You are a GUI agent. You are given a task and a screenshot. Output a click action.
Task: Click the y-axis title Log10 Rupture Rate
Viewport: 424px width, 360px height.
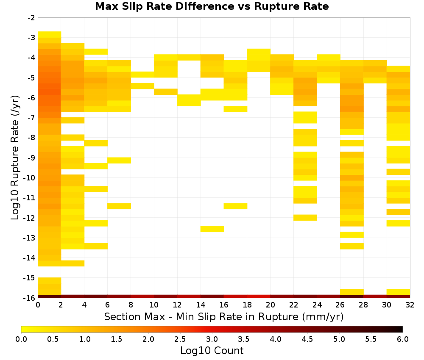coord(15,158)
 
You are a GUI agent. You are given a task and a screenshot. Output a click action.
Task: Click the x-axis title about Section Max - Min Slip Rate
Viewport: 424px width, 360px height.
coord(223,316)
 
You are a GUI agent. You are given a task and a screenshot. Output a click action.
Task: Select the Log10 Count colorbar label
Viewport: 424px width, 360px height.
coord(212,351)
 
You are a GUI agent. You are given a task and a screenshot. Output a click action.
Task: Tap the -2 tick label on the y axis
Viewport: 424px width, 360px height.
coord(31,18)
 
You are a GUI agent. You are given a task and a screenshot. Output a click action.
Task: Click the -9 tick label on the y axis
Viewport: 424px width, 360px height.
coord(31,158)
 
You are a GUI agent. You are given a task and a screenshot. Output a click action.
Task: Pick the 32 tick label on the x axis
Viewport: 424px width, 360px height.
coord(410,305)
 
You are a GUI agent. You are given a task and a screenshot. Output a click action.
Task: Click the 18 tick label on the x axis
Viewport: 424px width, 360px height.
coord(247,305)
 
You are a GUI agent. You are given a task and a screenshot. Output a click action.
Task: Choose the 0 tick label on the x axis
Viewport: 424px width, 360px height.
coord(38,305)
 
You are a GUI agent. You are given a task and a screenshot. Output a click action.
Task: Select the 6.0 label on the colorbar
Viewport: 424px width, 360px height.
coord(403,339)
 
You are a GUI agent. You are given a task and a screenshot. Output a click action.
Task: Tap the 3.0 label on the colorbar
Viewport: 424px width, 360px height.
coord(212,339)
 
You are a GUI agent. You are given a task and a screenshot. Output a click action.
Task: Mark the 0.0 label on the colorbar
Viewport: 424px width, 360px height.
coord(21,339)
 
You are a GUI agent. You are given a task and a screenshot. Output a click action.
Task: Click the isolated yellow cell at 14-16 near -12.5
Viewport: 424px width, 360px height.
coord(212,229)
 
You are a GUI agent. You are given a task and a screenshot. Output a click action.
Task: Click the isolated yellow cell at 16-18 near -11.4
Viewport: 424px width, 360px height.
coord(235,206)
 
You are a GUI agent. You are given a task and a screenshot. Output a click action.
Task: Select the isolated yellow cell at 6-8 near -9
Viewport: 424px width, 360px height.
coord(119,161)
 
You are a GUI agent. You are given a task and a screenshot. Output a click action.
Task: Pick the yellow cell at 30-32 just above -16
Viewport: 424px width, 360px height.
coord(398,292)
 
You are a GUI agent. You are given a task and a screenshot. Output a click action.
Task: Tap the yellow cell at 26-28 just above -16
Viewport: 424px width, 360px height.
coord(352,292)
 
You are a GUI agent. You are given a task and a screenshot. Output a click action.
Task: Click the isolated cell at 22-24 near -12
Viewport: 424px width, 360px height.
coord(305,218)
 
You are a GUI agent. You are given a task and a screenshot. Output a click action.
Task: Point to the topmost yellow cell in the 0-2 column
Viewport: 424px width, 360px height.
coord(50,35)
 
